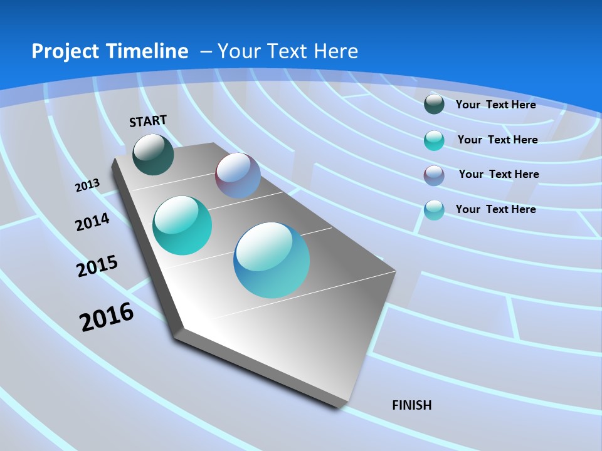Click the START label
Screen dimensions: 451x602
click(148, 121)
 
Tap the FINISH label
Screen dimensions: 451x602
click(411, 405)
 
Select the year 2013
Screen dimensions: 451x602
click(87, 185)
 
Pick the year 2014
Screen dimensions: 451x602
click(92, 222)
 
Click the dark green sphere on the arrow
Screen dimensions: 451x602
click(153, 154)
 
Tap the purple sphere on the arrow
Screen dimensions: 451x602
click(238, 175)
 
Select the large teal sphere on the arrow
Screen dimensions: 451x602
click(182, 225)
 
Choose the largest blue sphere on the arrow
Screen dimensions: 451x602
click(272, 260)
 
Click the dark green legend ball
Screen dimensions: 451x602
click(434, 104)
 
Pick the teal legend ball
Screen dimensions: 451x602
click(434, 140)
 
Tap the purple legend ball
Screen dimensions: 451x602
click(434, 175)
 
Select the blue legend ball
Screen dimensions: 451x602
click(434, 210)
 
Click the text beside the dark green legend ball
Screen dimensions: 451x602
click(495, 105)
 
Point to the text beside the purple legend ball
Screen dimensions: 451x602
click(499, 174)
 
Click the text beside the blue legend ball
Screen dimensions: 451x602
click(495, 209)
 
